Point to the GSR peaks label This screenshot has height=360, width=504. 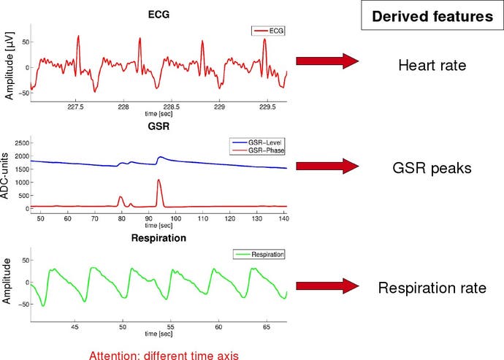pos(432,167)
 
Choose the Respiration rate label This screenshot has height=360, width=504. pos(432,288)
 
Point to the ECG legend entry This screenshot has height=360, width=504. pos(268,31)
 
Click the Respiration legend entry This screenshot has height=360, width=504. pos(259,254)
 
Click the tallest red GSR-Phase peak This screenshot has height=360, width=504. pos(159,180)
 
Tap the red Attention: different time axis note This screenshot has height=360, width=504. pos(159,352)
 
